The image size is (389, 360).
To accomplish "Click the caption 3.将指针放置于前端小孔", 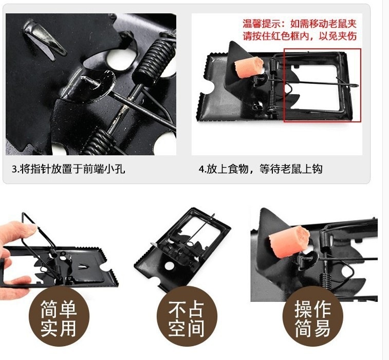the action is coord(68,169).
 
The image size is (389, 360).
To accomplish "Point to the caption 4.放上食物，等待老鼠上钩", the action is coord(261,169).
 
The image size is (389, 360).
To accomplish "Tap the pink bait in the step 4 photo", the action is coord(249,67).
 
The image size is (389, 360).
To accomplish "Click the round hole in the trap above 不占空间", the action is coord(169,265).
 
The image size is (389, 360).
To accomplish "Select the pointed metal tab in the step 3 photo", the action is coord(44,39).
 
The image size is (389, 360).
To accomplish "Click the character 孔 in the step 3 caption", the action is coord(120,169).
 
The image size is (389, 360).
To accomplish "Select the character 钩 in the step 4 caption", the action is coord(317,169).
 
